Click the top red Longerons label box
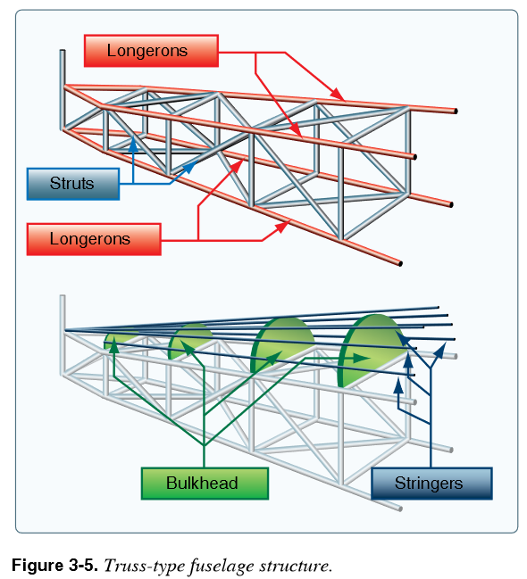click(x=151, y=51)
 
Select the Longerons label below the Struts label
click(x=94, y=239)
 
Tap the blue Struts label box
click(x=73, y=184)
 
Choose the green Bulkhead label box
click(x=205, y=484)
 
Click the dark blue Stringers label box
click(x=431, y=484)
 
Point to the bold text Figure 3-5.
click(x=54, y=566)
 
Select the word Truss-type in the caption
click(x=145, y=567)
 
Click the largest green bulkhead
click(x=370, y=351)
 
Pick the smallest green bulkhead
click(x=118, y=339)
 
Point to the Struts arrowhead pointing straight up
click(x=133, y=144)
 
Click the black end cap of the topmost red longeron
click(x=456, y=112)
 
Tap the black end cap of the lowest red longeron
click(x=400, y=264)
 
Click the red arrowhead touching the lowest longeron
click(x=283, y=227)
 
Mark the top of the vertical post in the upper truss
click(x=63, y=51)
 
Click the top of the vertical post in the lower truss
click(x=63, y=296)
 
